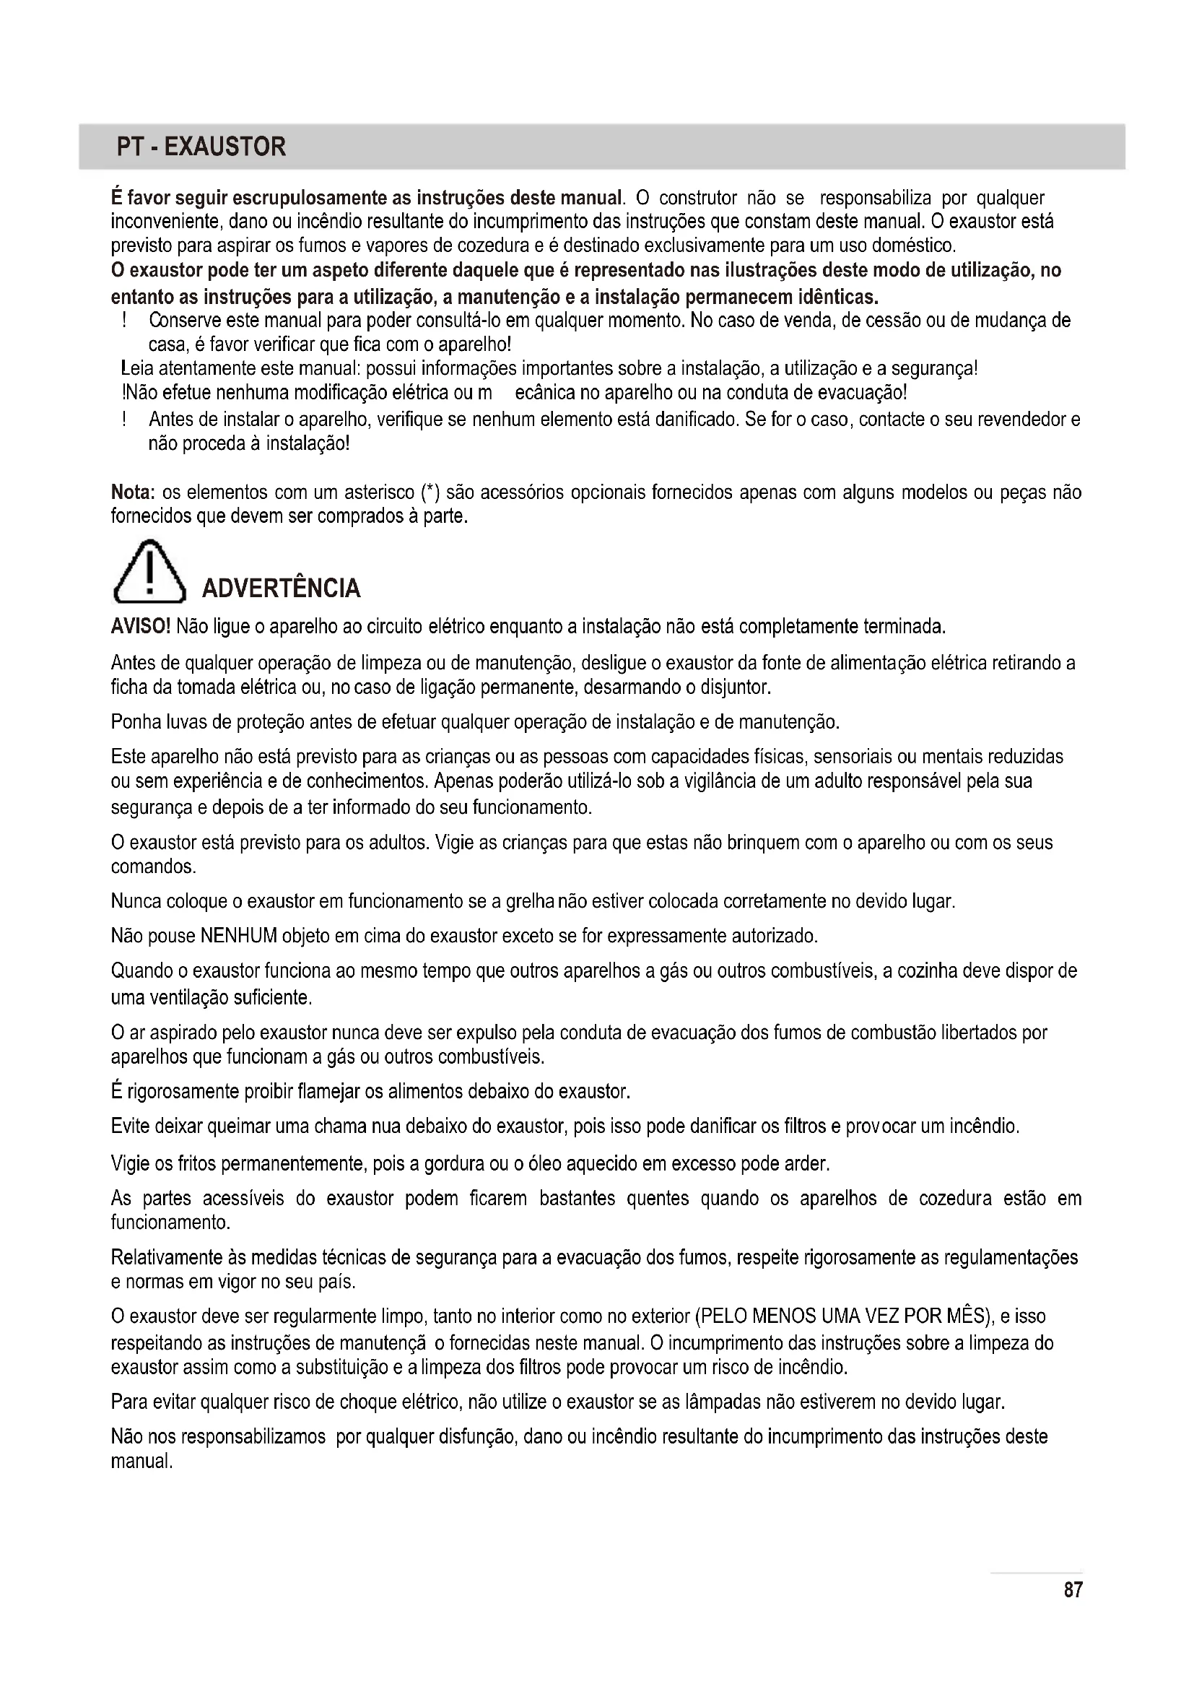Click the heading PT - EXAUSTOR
[201, 147]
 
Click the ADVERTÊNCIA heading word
[281, 589]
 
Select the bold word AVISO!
[141, 627]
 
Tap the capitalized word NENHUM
[238, 937]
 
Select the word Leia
[136, 368]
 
